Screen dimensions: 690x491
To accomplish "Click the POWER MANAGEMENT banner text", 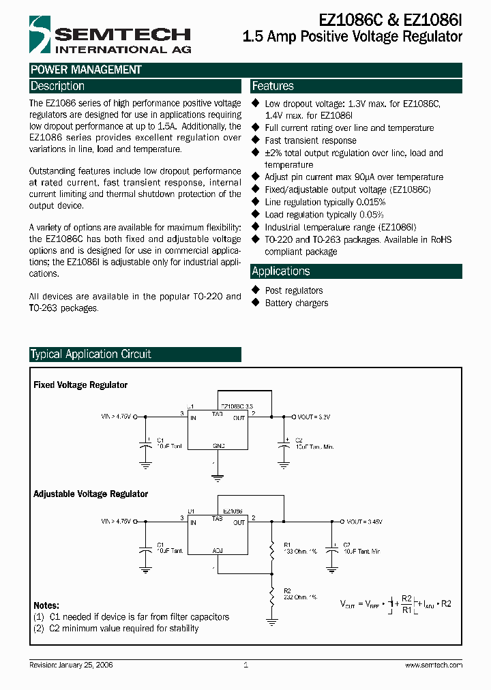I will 86,70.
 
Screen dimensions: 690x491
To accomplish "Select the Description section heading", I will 57,86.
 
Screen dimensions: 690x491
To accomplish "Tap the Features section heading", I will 273,86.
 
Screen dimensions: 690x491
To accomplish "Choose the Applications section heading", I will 281,271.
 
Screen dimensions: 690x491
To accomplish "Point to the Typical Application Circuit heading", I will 91,355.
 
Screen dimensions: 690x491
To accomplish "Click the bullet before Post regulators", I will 256,290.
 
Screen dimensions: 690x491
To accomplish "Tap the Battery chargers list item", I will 297,303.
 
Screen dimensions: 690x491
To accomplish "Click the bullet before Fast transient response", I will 256,140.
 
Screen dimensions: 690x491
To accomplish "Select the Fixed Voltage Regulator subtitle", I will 80,385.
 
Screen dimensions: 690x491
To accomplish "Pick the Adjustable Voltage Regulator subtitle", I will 91,494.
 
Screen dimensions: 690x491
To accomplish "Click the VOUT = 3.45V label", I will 364,521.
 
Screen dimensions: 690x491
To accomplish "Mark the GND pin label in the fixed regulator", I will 219,445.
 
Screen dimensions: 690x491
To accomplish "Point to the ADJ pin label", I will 218,550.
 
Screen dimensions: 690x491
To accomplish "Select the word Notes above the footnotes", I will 46,605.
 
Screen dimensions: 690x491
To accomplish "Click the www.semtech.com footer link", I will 433,665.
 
